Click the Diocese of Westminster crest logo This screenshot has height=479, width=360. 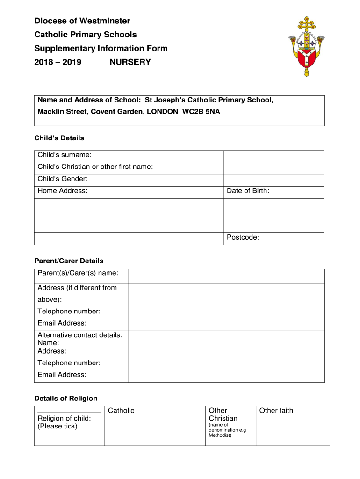point(307,46)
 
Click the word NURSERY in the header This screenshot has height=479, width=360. point(130,62)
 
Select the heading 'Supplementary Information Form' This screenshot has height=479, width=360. point(101,48)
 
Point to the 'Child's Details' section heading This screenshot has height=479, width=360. point(59,138)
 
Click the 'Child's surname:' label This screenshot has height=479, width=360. point(65,155)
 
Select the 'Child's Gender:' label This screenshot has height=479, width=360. point(63,179)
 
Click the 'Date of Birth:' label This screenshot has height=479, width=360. point(248,191)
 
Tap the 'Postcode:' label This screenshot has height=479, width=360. point(243,237)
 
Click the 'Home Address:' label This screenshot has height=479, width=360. point(63,191)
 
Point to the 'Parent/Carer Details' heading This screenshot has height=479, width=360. point(69,261)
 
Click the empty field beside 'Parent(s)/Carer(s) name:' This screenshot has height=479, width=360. point(226,276)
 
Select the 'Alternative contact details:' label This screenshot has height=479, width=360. point(80,335)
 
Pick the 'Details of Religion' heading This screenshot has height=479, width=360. point(66,399)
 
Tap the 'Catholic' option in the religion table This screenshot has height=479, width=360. point(121,411)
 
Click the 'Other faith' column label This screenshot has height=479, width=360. point(276,411)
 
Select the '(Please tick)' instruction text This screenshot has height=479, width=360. point(58,426)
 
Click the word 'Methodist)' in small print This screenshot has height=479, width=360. point(220,435)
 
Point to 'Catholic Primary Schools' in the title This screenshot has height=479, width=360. point(86,35)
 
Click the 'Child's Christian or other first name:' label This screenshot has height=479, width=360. point(95,167)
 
